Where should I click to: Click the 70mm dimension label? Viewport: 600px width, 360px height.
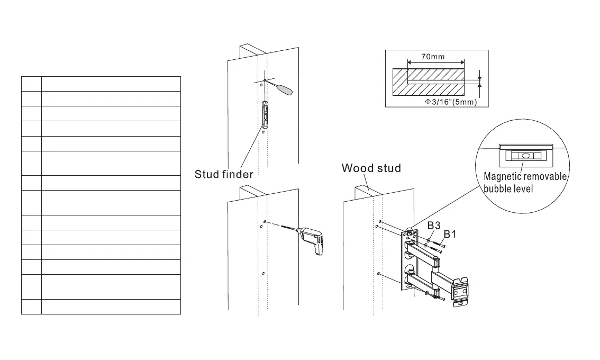click(433, 57)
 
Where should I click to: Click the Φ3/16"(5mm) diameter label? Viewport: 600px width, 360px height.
click(451, 102)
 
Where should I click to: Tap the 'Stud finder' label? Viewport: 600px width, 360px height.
click(224, 174)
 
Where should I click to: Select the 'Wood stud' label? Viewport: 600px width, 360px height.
click(371, 168)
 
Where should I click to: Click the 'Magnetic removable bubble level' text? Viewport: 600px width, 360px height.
click(525, 182)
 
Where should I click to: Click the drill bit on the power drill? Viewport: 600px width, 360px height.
click(286, 229)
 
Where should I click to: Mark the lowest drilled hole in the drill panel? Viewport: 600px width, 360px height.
click(263, 273)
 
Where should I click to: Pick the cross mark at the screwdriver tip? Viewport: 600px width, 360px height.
click(263, 81)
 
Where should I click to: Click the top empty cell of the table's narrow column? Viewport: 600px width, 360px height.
click(31, 84)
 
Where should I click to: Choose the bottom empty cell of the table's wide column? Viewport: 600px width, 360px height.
click(111, 307)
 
